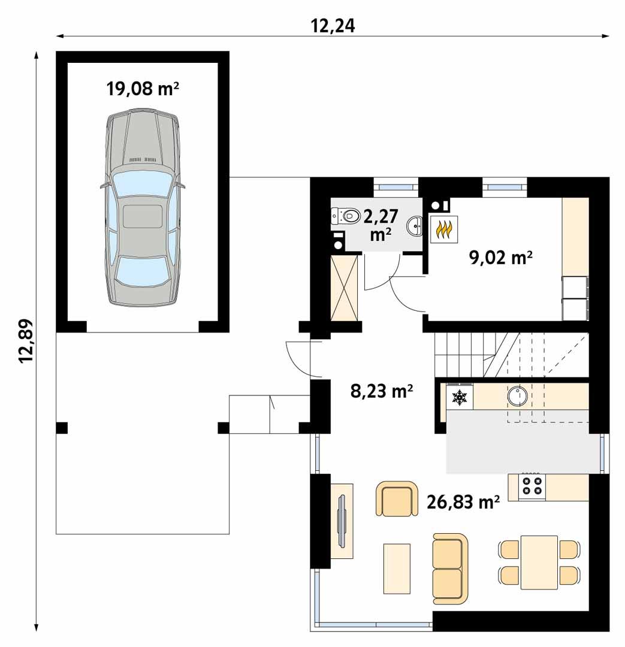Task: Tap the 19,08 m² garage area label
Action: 143,89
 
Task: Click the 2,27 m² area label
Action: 381,224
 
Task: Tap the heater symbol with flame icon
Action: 444,230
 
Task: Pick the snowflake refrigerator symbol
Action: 460,397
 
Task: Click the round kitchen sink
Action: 517,395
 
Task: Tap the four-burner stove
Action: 532,486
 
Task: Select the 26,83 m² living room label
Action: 463,502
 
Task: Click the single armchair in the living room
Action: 397,499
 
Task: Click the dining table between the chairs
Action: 539,562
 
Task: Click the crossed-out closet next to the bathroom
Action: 346,288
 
